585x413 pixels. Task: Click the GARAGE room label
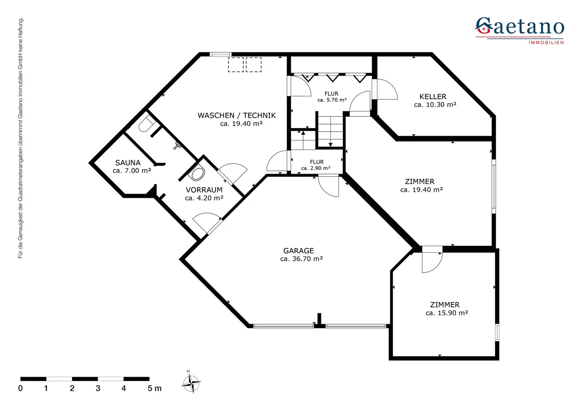[x=299, y=251]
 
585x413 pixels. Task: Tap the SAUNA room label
[x=128, y=163]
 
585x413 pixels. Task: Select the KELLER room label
[x=433, y=97]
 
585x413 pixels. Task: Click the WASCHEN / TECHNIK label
[x=236, y=116]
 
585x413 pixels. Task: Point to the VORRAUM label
[x=204, y=190]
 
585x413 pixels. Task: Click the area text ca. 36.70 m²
[x=301, y=259]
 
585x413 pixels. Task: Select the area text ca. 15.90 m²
[x=446, y=313]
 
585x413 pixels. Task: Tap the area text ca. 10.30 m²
[x=435, y=105]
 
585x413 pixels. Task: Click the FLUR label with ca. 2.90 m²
[x=316, y=162]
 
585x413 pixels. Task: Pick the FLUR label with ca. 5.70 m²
[x=331, y=94]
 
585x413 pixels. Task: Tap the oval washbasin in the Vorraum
[x=197, y=174]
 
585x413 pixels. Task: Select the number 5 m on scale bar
[x=154, y=389]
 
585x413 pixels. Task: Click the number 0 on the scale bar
[x=20, y=389]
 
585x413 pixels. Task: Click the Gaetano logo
[x=520, y=28]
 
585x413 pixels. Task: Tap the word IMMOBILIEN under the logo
[x=546, y=43]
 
